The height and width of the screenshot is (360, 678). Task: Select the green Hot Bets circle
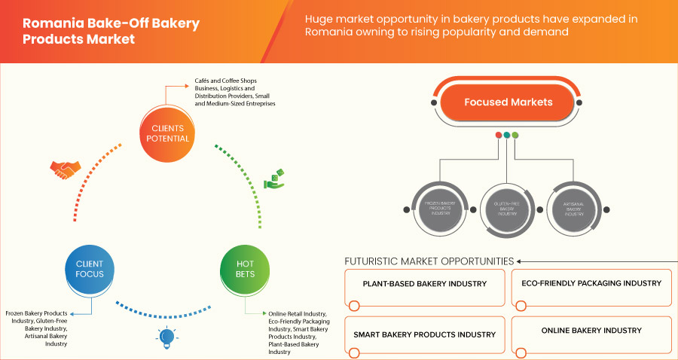pos(245,269)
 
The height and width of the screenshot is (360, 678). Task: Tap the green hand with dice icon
pos(273,180)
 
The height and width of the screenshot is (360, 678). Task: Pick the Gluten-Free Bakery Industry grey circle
pos(507,207)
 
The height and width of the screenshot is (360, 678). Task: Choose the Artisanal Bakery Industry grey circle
pos(575,207)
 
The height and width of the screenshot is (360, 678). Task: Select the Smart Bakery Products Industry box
pos(424,334)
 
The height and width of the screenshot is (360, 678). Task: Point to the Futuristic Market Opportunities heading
pos(429,261)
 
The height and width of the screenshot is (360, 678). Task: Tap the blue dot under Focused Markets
pos(507,136)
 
